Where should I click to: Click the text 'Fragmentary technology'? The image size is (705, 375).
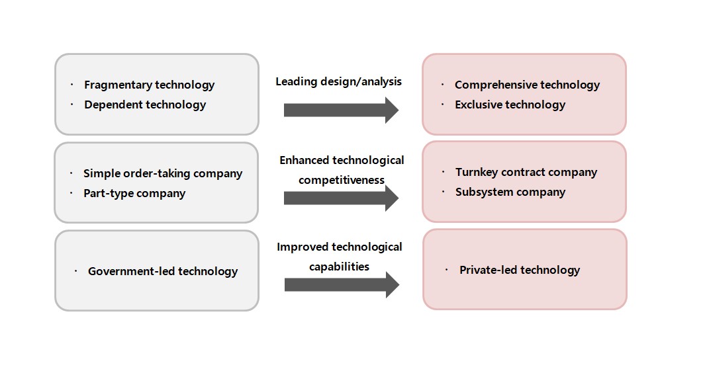pyautogui.click(x=149, y=85)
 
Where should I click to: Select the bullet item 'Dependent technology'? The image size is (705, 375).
pyautogui.click(x=145, y=104)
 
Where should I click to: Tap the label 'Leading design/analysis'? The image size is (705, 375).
pyautogui.click(x=338, y=82)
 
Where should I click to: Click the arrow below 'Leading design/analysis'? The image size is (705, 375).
pyautogui.click(x=342, y=110)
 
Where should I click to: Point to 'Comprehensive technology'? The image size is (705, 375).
pyautogui.click(x=527, y=85)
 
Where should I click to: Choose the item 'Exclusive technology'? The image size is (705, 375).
pyautogui.click(x=510, y=104)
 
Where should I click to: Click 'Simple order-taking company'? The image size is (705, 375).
pyautogui.click(x=163, y=173)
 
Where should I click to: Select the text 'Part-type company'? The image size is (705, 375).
pyautogui.click(x=134, y=194)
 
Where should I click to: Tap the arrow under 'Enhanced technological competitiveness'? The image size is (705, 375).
pyautogui.click(x=342, y=198)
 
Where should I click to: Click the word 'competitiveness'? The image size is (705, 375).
pyautogui.click(x=342, y=180)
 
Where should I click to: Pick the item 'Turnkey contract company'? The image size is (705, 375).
pyautogui.click(x=526, y=172)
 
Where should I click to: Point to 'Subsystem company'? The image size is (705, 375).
pyautogui.click(x=510, y=192)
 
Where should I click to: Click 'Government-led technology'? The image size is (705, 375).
pyautogui.click(x=163, y=271)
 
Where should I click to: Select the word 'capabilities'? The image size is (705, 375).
pyautogui.click(x=340, y=267)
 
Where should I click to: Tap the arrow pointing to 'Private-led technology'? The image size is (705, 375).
pyautogui.click(x=342, y=285)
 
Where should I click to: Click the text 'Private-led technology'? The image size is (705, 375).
pyautogui.click(x=520, y=270)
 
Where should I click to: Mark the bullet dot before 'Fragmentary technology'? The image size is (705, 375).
pyautogui.click(x=71, y=85)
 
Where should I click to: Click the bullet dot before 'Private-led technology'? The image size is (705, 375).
pyautogui.click(x=446, y=269)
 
